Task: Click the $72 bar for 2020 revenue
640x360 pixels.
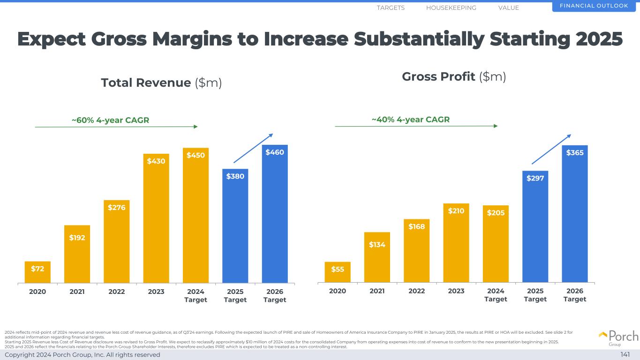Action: pyautogui.click(x=38, y=272)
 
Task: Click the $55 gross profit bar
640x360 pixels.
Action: pyautogui.click(x=338, y=272)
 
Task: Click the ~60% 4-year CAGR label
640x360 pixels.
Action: pyautogui.click(x=110, y=120)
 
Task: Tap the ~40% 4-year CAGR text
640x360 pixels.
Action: pyautogui.click(x=410, y=120)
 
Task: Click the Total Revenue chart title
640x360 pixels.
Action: pyautogui.click(x=161, y=83)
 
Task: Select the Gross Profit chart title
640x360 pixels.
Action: pyautogui.click(x=454, y=76)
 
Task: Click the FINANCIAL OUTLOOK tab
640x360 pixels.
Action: pyautogui.click(x=596, y=6)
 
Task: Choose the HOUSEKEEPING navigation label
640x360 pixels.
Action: pyautogui.click(x=451, y=8)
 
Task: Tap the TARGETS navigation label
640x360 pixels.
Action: pyautogui.click(x=391, y=8)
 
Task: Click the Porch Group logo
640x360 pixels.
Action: pyautogui.click(x=618, y=337)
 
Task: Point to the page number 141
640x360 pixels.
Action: pyautogui.click(x=625, y=355)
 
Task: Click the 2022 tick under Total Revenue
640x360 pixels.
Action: pyautogui.click(x=116, y=291)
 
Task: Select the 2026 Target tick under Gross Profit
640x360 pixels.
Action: pyautogui.click(x=575, y=295)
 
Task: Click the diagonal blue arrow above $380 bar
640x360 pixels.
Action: pyautogui.click(x=253, y=148)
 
